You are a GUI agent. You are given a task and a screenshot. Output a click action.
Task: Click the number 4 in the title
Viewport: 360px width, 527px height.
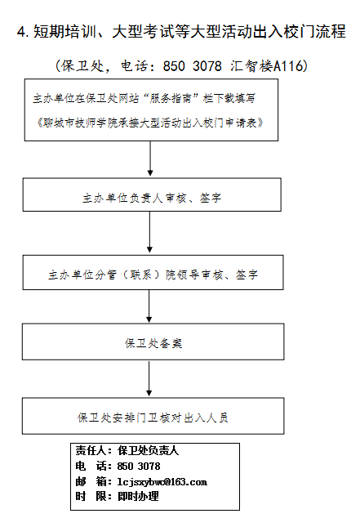pyautogui.click(x=21, y=32)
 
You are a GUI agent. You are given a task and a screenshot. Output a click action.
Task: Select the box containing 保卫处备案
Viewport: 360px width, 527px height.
pyautogui.click(x=153, y=342)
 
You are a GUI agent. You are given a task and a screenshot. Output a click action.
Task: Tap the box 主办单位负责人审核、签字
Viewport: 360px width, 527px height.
pyautogui.click(x=152, y=194)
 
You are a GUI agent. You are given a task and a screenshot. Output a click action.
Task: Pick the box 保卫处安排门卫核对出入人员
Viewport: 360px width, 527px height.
pyautogui.click(x=153, y=416)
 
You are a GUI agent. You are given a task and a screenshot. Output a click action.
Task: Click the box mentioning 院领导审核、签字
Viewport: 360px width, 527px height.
pyautogui.click(x=153, y=273)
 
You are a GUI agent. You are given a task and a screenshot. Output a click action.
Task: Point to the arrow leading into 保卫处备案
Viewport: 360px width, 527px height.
pyautogui.click(x=149, y=306)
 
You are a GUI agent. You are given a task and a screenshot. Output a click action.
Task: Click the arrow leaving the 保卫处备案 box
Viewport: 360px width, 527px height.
pyautogui.click(x=149, y=379)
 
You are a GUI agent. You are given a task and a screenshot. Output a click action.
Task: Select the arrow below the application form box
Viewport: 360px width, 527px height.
pyautogui.click(x=150, y=159)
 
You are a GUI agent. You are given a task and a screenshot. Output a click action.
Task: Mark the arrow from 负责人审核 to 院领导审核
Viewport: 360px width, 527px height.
pyautogui.click(x=149, y=232)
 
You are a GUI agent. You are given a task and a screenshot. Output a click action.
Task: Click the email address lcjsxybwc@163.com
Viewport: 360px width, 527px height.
pyautogui.click(x=162, y=482)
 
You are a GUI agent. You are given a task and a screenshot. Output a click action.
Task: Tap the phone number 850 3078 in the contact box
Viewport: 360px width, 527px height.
pyautogui.click(x=139, y=467)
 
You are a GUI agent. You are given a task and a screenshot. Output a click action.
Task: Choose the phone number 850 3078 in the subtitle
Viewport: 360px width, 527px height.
pyautogui.click(x=192, y=66)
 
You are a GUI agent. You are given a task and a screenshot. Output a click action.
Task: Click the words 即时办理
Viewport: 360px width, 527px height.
pyautogui.click(x=138, y=497)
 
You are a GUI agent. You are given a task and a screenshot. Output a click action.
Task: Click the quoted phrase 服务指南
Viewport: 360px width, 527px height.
pyautogui.click(x=171, y=98)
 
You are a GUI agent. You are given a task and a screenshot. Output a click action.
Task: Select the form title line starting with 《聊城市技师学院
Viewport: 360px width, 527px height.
pyautogui.click(x=150, y=123)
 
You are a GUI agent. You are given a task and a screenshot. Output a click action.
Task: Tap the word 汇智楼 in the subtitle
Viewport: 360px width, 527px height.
pyautogui.click(x=251, y=66)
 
